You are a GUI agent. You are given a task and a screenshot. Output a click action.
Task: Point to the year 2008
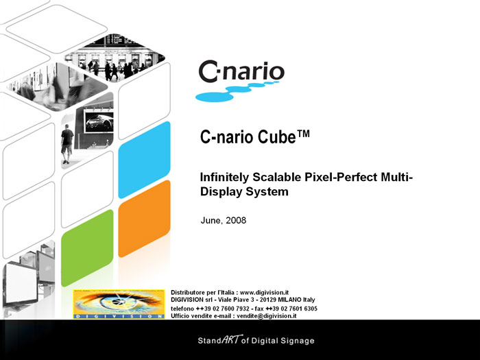(x=235, y=221)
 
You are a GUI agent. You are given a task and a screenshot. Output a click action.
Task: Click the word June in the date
(x=211, y=221)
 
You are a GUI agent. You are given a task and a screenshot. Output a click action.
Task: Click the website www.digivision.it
(x=264, y=292)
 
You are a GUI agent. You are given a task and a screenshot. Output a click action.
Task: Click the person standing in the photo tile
(x=67, y=143)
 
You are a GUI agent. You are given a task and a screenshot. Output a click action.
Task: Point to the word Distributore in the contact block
(x=189, y=292)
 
